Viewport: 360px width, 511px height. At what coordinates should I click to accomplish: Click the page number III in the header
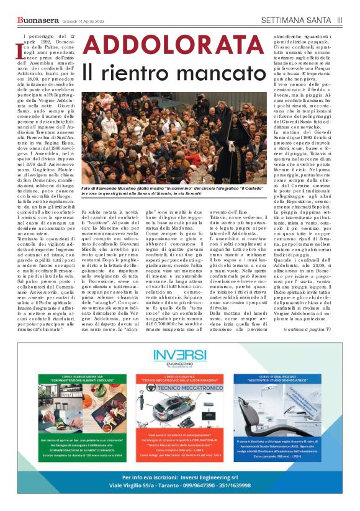(340, 20)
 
